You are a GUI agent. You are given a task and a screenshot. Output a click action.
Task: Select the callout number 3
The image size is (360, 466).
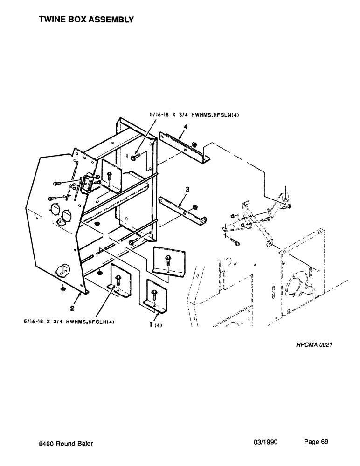[x=187, y=190]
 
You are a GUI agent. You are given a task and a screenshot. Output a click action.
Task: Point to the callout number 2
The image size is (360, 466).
[x=72, y=308]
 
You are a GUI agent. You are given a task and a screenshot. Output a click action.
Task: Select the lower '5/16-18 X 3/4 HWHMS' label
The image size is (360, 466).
[x=69, y=321]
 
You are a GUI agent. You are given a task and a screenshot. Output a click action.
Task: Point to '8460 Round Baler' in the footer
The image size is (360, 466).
[x=66, y=444]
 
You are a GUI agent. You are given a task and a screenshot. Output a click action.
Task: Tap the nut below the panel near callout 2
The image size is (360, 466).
[x=62, y=289]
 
